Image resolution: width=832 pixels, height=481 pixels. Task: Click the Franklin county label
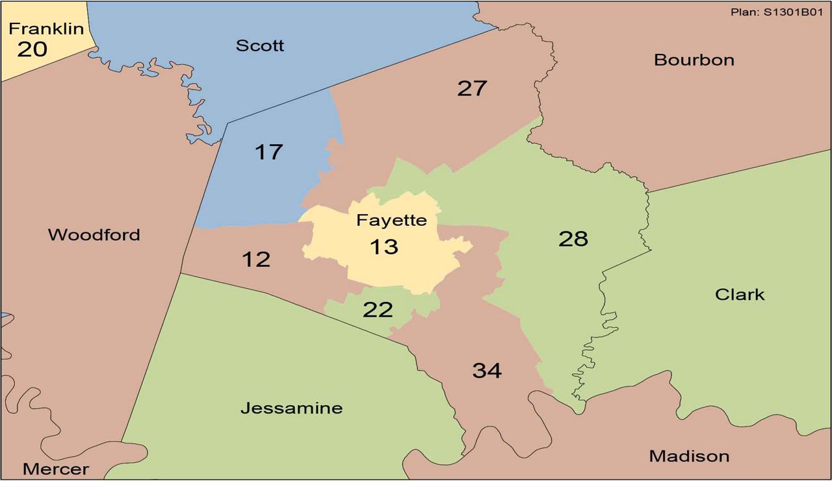click(x=46, y=29)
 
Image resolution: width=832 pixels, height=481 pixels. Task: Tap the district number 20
click(x=32, y=49)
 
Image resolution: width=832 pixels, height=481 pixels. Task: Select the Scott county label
click(x=260, y=45)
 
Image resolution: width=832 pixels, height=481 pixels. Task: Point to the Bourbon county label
click(x=694, y=60)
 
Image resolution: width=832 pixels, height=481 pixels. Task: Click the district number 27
click(x=472, y=88)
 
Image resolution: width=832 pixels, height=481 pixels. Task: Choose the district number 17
click(x=268, y=152)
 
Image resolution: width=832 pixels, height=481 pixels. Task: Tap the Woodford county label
click(x=94, y=235)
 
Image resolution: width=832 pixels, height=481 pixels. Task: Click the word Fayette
click(x=391, y=221)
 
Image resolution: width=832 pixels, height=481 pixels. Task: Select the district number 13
click(x=383, y=247)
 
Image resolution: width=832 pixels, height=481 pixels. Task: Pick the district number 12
click(x=255, y=260)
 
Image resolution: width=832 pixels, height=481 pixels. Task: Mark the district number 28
click(x=573, y=239)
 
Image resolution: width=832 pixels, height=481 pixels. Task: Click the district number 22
click(x=378, y=310)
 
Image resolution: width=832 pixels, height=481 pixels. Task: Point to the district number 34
click(x=487, y=371)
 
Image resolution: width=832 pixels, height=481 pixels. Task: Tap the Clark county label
click(x=740, y=295)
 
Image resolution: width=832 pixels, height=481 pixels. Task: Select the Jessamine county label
click(x=291, y=408)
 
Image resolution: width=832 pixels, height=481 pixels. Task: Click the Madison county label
click(x=689, y=456)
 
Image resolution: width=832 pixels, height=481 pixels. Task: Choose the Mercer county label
click(x=55, y=469)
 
